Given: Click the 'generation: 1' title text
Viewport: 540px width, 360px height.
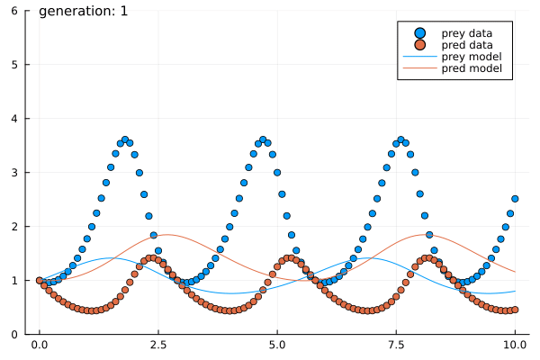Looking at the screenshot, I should (x=84, y=12).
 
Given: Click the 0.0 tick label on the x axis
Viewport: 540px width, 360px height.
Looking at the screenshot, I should (x=39, y=346).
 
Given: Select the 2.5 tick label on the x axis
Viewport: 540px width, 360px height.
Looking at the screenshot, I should (x=158, y=346).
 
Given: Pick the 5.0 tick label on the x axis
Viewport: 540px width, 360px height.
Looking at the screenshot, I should (x=277, y=346).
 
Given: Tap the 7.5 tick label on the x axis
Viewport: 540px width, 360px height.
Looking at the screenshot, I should (x=396, y=346).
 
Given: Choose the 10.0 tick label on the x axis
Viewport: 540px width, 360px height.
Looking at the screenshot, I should (x=515, y=346).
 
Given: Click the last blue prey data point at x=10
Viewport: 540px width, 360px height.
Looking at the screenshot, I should (x=515, y=199).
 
